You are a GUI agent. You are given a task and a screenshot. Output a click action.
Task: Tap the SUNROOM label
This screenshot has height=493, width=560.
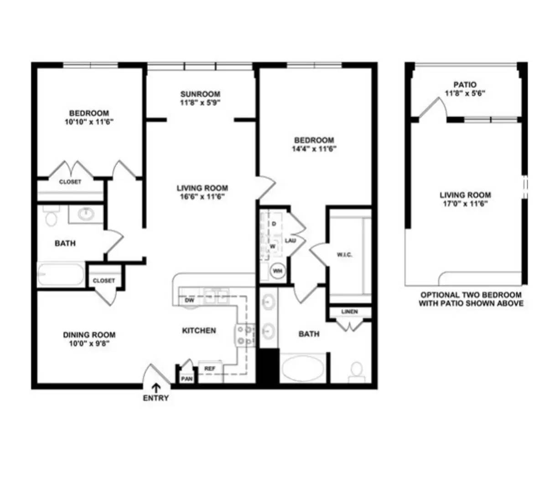click(x=200, y=94)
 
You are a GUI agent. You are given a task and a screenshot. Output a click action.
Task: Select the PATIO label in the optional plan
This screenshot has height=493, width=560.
click(x=465, y=84)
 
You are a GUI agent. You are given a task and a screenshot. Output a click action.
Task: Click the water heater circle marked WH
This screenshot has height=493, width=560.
click(x=277, y=271)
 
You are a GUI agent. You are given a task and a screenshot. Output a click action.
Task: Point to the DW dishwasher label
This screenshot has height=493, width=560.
click(x=189, y=301)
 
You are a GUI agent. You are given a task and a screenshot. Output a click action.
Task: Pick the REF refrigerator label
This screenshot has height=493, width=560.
click(x=210, y=368)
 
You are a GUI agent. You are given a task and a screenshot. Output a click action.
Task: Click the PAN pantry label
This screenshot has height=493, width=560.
click(x=187, y=379)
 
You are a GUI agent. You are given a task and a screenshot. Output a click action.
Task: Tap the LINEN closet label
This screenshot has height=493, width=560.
click(x=350, y=312)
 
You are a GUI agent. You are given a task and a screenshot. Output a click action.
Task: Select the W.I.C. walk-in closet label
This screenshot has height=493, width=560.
click(x=344, y=255)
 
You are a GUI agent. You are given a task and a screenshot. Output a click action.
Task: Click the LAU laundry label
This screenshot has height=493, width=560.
click(x=290, y=240)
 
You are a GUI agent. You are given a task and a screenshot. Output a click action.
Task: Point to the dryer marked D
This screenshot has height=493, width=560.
click(x=274, y=224)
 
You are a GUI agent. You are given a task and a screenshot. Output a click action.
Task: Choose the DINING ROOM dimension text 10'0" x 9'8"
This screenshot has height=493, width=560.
click(x=89, y=344)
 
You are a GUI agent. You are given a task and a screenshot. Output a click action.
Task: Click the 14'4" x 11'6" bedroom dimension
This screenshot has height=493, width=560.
click(x=314, y=148)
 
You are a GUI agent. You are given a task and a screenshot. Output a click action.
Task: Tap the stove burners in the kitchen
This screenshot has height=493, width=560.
click(x=244, y=336)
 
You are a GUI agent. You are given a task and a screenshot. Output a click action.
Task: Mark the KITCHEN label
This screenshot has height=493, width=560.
click(x=199, y=330)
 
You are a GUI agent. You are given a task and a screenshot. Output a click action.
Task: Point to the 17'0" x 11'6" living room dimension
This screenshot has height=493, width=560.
click(x=465, y=204)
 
